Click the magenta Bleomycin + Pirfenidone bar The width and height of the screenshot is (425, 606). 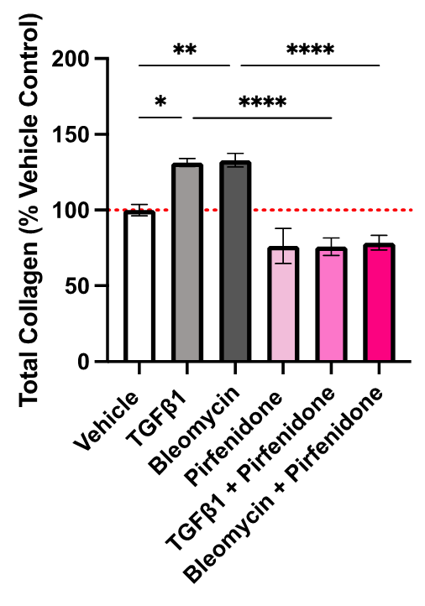[379, 303]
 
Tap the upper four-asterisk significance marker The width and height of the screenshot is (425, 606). [310, 51]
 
